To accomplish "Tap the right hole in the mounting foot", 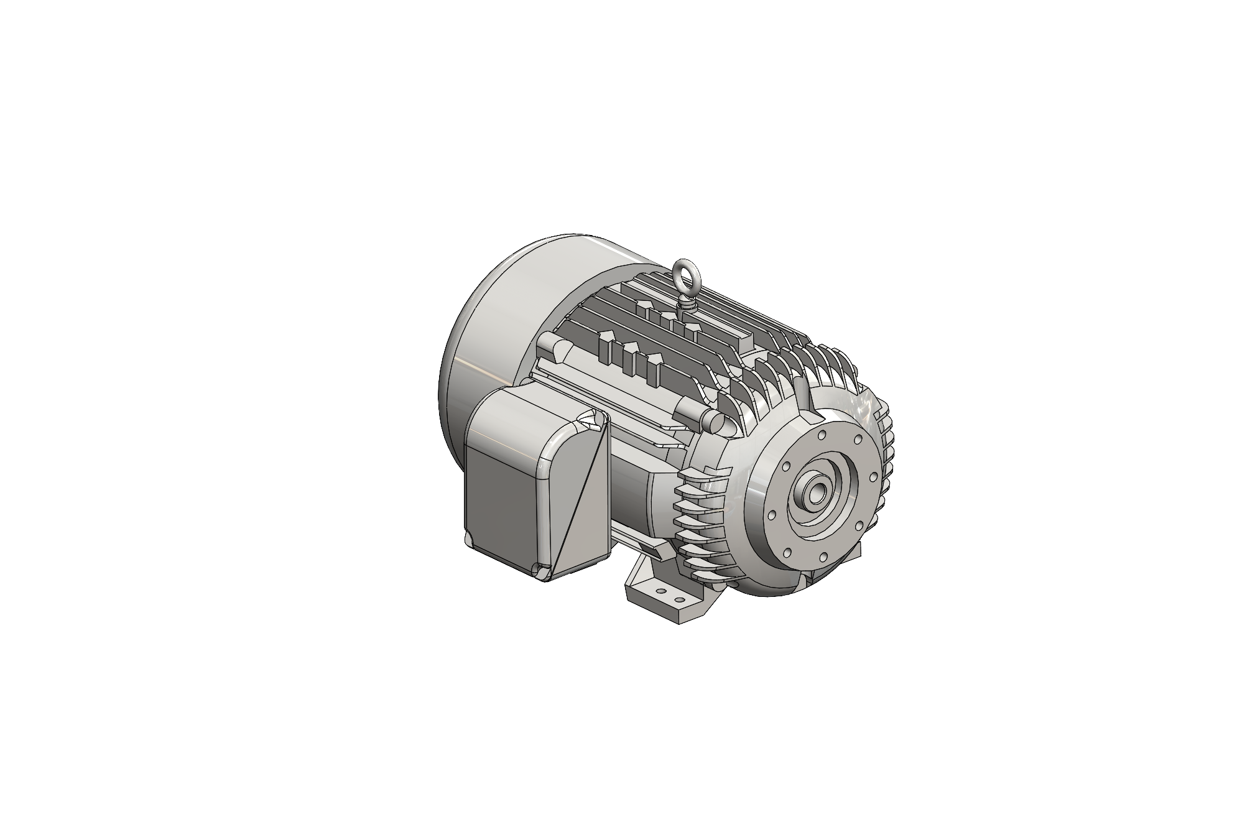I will tap(680, 601).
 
